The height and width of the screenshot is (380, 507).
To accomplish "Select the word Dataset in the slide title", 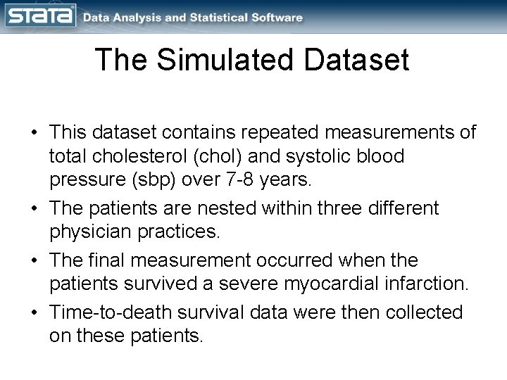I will tap(353, 61).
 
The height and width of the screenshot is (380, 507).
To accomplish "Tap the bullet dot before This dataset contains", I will tap(34, 133).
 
